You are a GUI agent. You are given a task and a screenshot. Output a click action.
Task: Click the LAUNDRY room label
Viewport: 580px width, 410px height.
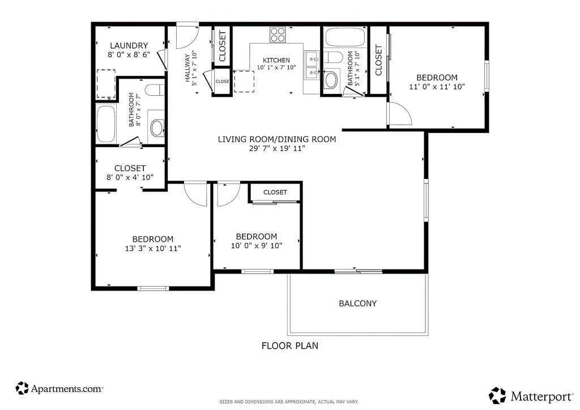tap(129, 45)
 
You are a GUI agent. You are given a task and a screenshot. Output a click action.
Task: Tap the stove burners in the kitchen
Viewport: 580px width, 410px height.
tap(278, 35)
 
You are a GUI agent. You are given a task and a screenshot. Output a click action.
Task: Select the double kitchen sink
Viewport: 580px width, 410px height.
tap(312, 65)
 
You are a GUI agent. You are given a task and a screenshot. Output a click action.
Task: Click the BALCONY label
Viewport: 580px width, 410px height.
tap(358, 304)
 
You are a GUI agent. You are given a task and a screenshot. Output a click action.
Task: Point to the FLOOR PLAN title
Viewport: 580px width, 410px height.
tap(289, 345)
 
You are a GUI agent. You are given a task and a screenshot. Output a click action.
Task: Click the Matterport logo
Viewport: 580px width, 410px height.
tap(531, 396)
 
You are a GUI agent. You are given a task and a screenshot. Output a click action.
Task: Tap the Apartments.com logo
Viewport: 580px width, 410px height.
tap(59, 388)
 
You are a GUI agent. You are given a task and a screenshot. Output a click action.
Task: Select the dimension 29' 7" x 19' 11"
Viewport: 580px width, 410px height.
tap(276, 148)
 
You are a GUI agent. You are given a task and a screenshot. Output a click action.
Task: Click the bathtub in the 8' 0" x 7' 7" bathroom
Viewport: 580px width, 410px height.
tap(106, 124)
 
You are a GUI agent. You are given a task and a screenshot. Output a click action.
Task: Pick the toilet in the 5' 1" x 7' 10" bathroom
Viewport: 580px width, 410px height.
tap(333, 58)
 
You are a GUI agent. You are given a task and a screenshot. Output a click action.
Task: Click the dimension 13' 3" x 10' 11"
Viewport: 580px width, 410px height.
tap(153, 249)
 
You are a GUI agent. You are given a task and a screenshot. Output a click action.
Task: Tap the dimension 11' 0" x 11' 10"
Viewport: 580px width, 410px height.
tap(437, 87)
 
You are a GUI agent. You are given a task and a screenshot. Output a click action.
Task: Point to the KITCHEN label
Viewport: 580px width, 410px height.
tap(276, 60)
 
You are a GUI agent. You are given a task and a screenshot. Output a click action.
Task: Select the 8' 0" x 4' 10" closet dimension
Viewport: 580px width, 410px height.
tap(130, 177)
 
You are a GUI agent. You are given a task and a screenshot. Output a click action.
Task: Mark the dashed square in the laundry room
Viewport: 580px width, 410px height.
tap(106, 84)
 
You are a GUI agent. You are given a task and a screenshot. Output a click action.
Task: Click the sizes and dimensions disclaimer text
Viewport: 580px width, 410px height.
tap(289, 402)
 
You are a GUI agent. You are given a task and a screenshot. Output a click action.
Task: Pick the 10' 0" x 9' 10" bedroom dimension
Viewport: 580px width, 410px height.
tap(257, 246)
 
